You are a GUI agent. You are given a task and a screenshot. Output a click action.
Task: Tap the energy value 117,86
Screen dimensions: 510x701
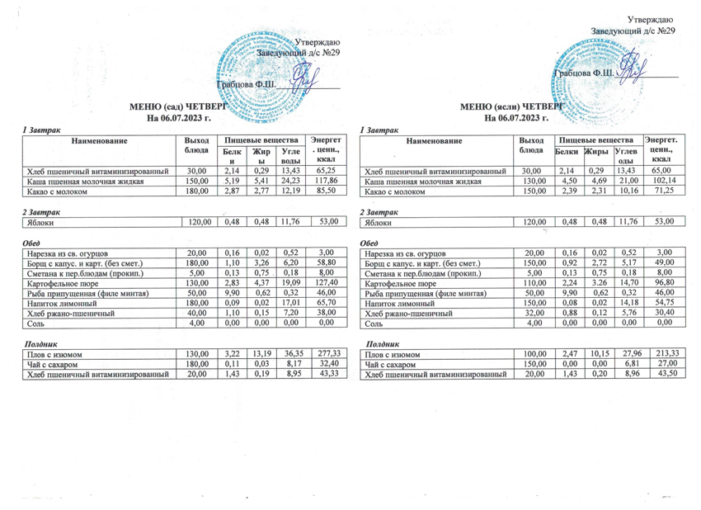328,180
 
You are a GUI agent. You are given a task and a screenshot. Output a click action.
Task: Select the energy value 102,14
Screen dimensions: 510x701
662,180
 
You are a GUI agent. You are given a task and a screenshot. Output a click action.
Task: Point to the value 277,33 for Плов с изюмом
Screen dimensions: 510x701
328,354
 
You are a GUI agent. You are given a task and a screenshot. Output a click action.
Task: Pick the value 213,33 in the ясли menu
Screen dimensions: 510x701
661,354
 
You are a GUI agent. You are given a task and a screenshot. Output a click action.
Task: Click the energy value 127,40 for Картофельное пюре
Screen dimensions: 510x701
328,282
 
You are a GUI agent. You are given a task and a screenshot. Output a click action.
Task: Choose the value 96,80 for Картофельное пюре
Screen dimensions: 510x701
661,282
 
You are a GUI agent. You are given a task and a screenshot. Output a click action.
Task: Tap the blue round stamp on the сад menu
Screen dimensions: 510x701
264,70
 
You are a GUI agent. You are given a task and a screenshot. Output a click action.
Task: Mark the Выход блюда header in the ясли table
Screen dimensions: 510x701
533,145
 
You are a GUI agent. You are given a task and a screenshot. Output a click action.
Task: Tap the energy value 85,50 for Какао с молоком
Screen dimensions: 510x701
328,191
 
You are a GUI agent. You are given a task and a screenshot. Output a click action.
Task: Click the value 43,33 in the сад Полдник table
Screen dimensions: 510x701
328,375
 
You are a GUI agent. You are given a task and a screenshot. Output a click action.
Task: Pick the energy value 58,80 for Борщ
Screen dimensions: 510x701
328,262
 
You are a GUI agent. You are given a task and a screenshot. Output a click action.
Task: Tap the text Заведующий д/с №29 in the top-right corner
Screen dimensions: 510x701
633,31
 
